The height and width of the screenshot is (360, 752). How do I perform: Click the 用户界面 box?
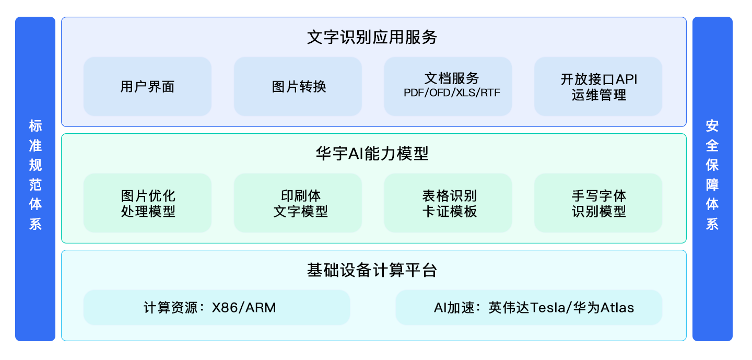pos(147,86)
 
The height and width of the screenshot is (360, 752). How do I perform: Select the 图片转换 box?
pos(298,86)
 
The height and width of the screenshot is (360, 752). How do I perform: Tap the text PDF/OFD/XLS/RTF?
pos(448,94)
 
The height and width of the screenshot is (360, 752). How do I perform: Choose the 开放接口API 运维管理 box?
pos(598,86)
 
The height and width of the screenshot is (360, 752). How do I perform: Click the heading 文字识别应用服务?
pos(372,38)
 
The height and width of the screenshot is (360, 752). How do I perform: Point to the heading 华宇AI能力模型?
pos(372,154)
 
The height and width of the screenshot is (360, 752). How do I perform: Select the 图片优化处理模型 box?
pos(147,203)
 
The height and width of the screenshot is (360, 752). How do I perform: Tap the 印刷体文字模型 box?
pos(298,203)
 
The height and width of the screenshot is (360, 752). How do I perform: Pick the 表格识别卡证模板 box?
pos(448,203)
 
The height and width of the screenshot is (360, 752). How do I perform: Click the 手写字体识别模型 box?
pos(598,203)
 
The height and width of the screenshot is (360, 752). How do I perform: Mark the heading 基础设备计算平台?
pos(372,271)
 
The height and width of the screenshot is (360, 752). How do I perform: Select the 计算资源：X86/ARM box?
pos(216,307)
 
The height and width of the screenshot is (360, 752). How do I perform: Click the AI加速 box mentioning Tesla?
pos(528,307)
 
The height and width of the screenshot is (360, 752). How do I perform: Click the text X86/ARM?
pos(244,307)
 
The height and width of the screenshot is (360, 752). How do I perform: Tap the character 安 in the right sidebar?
pos(712,126)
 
